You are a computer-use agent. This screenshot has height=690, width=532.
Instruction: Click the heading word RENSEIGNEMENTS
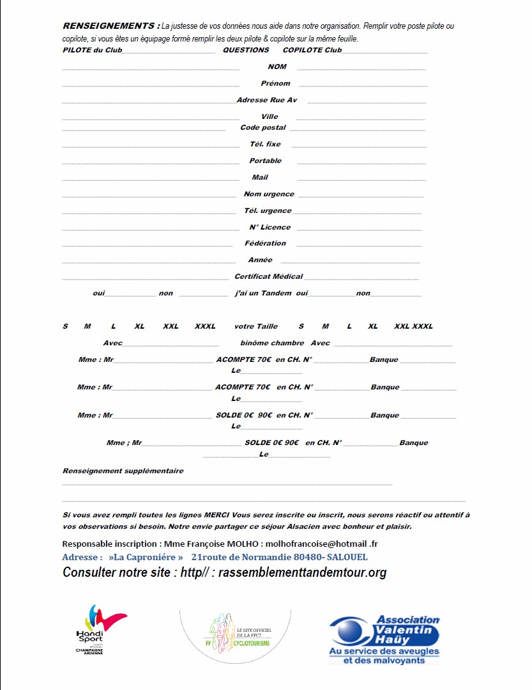pyautogui.click(x=108, y=26)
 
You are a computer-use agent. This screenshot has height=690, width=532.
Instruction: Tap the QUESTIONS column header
pyautogui.click(x=246, y=50)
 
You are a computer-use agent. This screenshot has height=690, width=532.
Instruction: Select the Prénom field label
pyautogui.click(x=275, y=83)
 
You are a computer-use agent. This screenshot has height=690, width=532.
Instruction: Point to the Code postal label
pyautogui.click(x=263, y=128)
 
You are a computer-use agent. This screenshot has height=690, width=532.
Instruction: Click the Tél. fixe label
pyautogui.click(x=265, y=145)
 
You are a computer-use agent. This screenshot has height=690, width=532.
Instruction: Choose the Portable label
pyautogui.click(x=265, y=161)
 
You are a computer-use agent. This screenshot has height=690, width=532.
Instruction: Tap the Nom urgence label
pyautogui.click(x=269, y=194)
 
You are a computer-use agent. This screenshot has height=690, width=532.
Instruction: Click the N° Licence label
pyautogui.click(x=270, y=228)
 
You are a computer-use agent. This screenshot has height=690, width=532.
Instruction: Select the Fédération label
pyautogui.click(x=265, y=244)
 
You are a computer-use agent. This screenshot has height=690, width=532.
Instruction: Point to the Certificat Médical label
pyautogui.click(x=268, y=277)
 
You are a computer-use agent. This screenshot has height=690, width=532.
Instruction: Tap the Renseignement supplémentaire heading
pyautogui.click(x=123, y=471)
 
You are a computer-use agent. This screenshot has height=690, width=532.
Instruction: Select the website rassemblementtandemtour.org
pyautogui.click(x=302, y=573)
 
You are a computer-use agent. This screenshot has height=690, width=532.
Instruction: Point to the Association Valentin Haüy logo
pyautogui.click(x=384, y=639)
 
